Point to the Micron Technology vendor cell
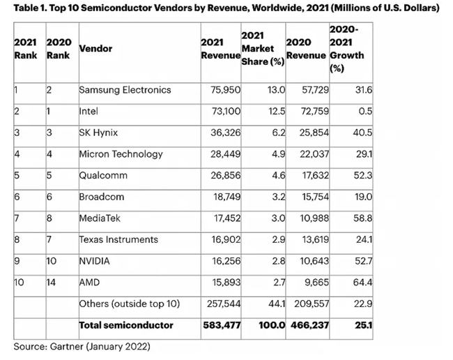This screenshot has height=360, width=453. tap(121, 153)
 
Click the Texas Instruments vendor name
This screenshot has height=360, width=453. tap(118, 239)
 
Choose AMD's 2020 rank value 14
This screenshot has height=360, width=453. tap(51, 282)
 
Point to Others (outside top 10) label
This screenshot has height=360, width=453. tap(130, 303)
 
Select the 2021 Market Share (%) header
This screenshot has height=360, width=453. tap(262, 49)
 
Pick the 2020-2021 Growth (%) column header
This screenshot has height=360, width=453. tap(346, 49)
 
